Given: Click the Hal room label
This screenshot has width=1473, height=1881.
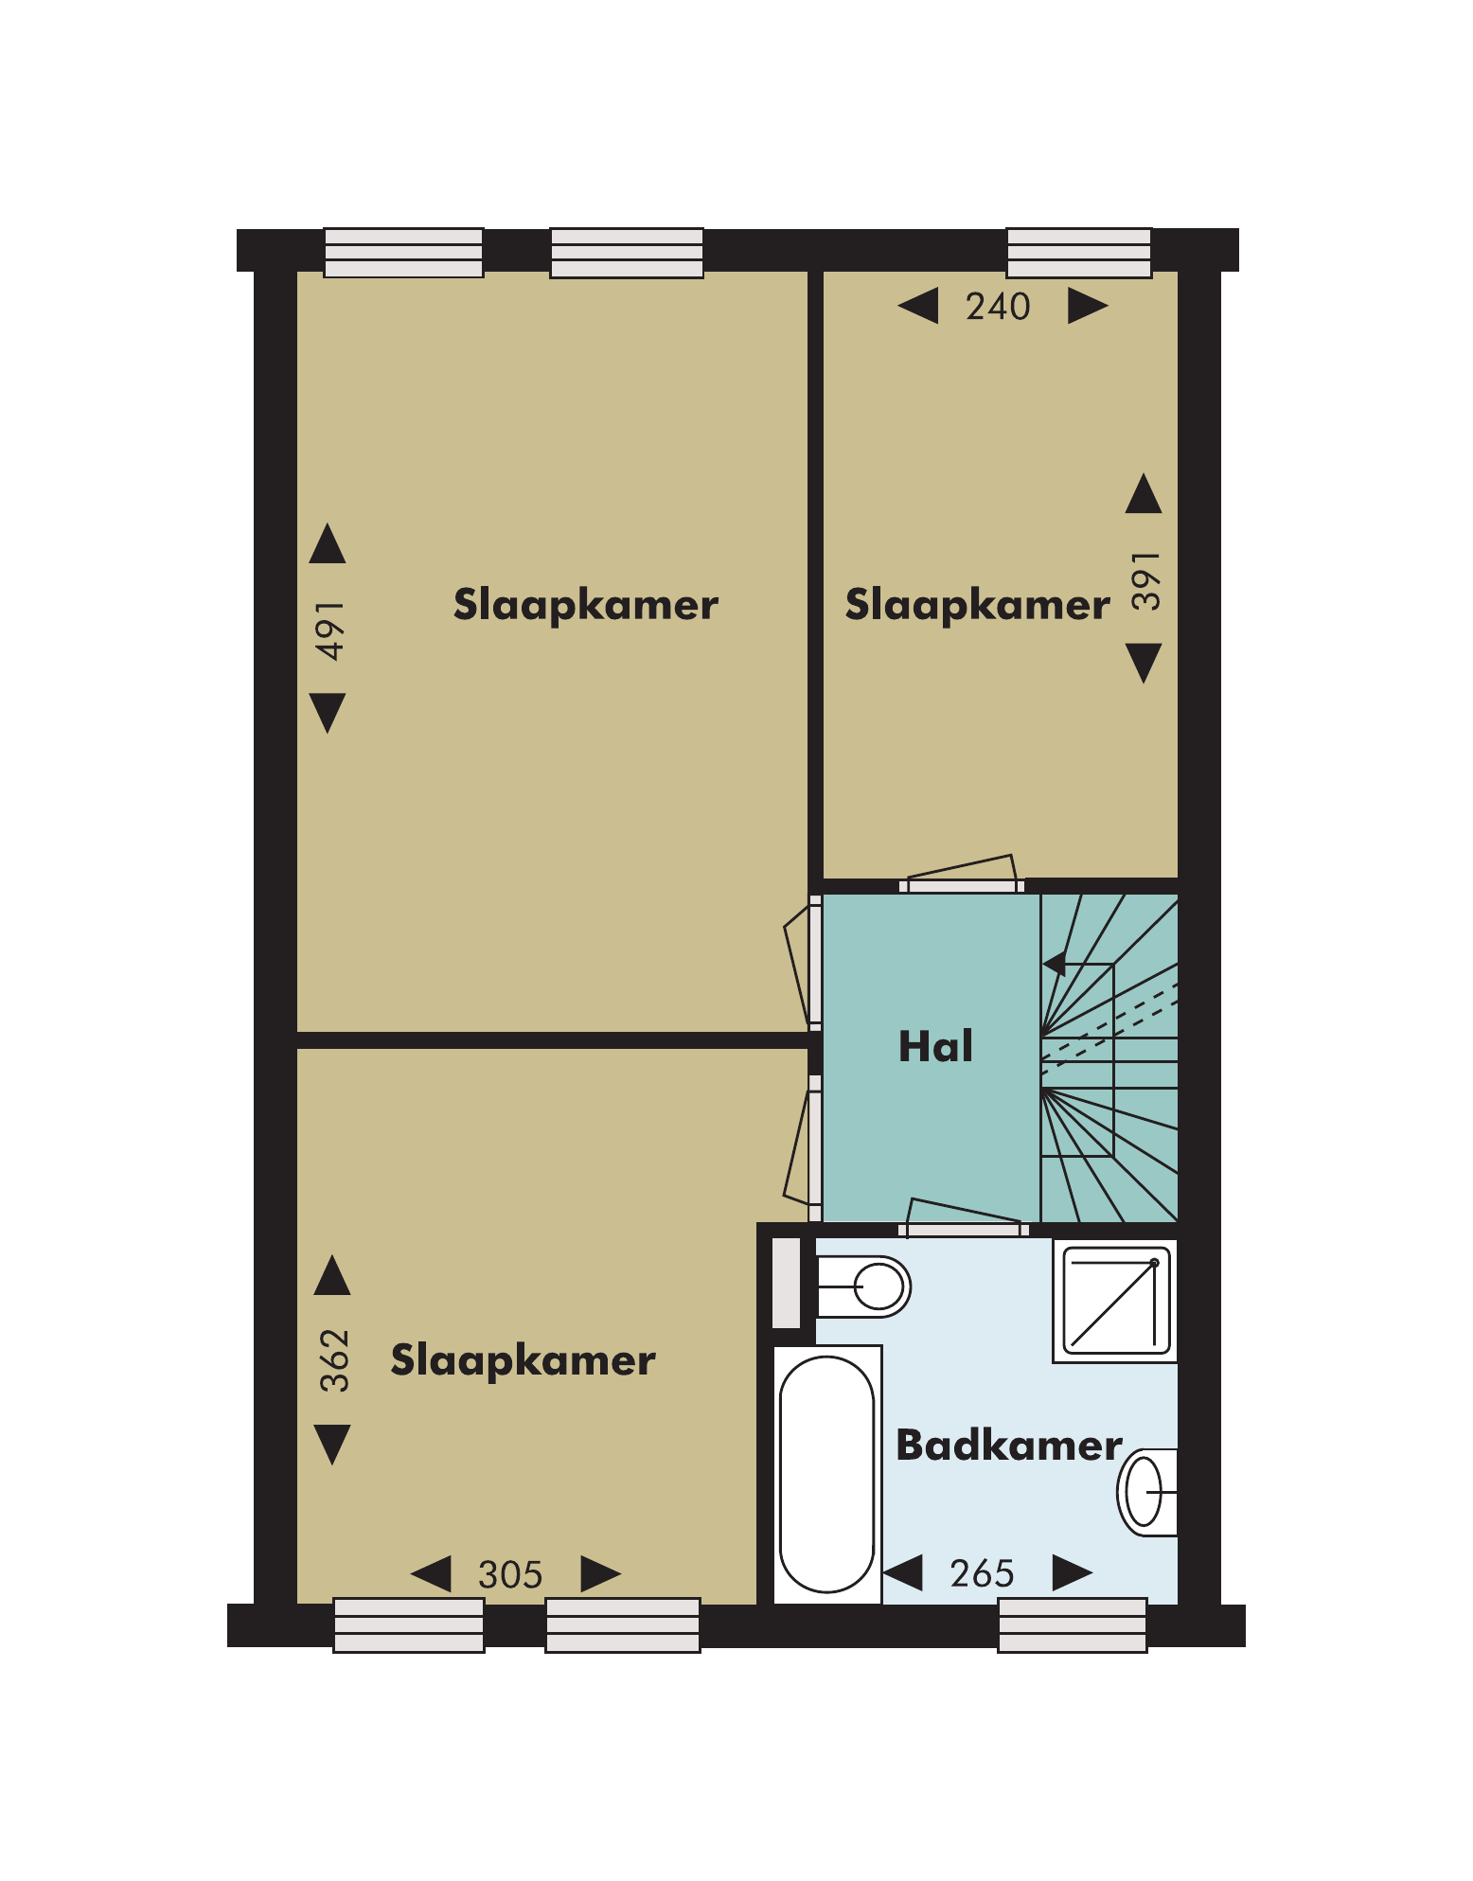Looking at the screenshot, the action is (x=935, y=1046).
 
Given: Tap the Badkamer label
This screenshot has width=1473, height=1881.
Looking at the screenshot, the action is (x=1009, y=1446).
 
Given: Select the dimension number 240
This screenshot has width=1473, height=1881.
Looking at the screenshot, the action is (x=998, y=307).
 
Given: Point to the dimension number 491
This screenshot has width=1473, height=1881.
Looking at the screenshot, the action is (x=329, y=630).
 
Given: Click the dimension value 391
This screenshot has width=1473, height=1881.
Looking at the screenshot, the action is (x=1145, y=580).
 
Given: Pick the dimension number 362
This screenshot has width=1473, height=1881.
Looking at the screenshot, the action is (x=334, y=1360).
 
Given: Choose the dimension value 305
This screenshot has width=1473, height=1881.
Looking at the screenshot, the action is (x=510, y=1575).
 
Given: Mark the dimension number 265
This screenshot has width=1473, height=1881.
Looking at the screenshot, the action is (x=982, y=1573).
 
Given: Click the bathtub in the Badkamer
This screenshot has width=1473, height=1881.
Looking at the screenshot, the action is (x=827, y=1474).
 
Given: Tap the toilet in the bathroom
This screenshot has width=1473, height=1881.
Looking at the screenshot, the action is (x=861, y=1287).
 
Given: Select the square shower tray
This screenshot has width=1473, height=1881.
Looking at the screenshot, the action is (x=1115, y=1301).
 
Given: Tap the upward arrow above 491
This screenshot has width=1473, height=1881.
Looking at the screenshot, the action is (x=328, y=543).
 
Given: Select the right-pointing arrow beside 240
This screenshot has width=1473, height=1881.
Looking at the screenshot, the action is (x=1088, y=306).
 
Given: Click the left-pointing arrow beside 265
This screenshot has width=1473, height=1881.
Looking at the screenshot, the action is (x=903, y=1572).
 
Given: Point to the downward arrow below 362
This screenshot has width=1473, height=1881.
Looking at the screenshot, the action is (x=332, y=1445).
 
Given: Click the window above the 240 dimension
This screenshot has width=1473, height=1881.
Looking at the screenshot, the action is (x=1079, y=253).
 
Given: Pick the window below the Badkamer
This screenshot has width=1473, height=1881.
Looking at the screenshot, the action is (x=1073, y=1624).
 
